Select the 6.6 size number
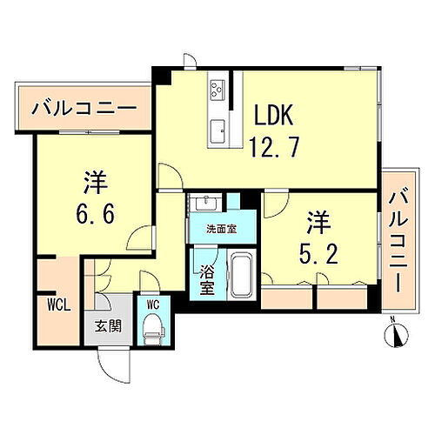(x=96, y=211)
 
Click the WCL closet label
(x=57, y=306)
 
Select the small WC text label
(x=153, y=304)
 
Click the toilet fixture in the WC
(x=155, y=329)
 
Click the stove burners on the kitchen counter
(x=217, y=88)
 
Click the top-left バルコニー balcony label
(x=84, y=110)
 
